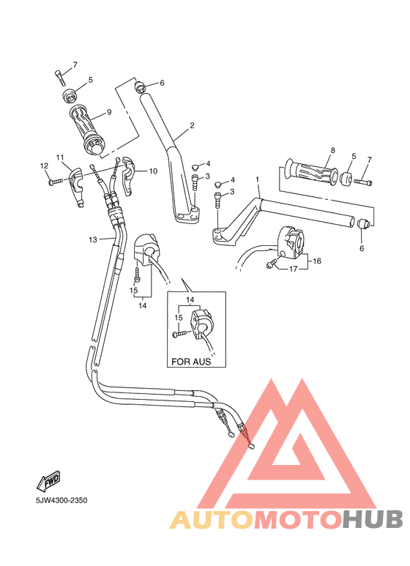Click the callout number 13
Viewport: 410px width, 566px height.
click(93, 239)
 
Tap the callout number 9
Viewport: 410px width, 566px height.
click(108, 112)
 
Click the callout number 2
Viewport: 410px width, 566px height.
click(192, 125)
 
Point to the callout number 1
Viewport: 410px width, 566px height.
click(257, 179)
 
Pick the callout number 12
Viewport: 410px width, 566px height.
click(43, 166)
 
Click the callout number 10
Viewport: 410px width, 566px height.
click(153, 171)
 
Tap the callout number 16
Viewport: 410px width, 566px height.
click(317, 260)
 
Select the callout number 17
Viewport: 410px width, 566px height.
click(293, 269)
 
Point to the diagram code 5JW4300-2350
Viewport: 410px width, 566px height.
click(61, 501)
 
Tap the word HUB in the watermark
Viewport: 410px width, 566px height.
click(373, 519)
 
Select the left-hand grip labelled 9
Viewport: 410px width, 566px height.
click(89, 130)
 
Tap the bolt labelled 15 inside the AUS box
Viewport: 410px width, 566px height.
click(180, 334)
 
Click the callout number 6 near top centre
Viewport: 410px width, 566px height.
click(162, 83)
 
